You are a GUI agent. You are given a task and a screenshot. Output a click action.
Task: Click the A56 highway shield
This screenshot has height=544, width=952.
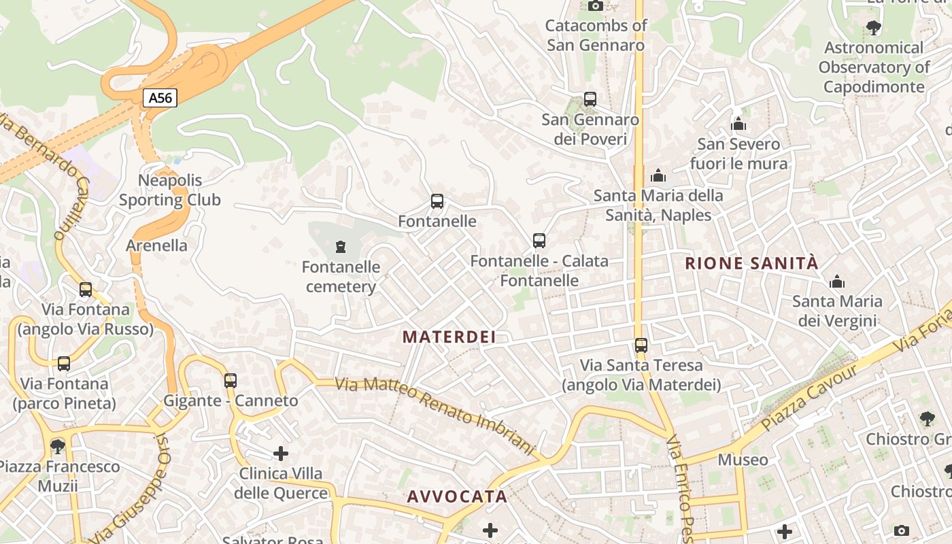[160, 98]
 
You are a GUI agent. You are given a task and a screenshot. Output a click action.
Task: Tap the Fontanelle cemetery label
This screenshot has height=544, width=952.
[341, 277]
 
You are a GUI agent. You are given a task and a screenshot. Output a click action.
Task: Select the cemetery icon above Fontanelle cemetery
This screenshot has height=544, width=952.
[341, 247]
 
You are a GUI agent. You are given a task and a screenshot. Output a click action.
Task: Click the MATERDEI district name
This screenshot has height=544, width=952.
[449, 337]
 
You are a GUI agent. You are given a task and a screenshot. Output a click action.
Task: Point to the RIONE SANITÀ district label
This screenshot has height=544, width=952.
[751, 264]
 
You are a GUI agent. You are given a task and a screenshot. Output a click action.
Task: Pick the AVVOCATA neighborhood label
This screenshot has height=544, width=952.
[457, 496]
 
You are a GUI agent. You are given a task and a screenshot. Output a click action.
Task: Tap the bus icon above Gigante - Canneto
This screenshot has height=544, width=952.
[231, 380]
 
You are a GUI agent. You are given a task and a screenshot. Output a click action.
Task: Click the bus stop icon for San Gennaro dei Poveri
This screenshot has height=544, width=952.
[590, 99]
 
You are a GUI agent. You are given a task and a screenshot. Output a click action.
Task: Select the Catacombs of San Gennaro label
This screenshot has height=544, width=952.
[596, 35]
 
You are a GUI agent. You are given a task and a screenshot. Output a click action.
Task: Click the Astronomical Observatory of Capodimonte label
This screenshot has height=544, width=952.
[874, 67]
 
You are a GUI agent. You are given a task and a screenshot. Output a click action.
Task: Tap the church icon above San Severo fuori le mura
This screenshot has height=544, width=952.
[738, 124]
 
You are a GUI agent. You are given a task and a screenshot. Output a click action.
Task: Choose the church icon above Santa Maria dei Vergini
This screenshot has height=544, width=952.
[837, 282]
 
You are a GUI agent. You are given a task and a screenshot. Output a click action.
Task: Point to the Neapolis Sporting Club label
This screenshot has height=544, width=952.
[170, 190]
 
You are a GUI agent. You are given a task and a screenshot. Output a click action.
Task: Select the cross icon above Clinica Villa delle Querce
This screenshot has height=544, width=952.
[281, 454]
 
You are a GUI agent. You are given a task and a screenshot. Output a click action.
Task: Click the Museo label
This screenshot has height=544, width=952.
[743, 460]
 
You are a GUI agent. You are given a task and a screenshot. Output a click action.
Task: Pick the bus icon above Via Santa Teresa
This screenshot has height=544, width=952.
[641, 345]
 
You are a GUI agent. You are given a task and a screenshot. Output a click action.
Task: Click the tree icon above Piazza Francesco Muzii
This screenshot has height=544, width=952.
[58, 446]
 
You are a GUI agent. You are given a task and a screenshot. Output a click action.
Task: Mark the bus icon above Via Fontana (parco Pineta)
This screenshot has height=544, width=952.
[64, 364]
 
